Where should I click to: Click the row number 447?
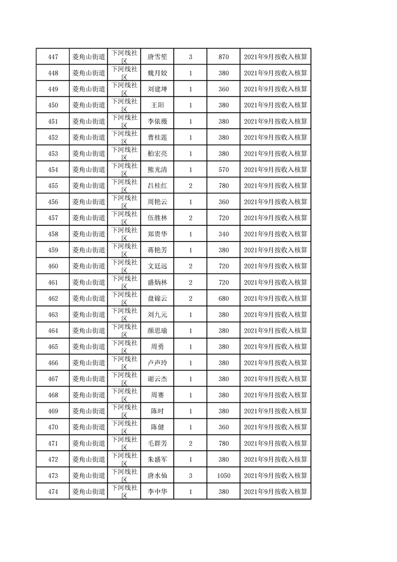click(53, 57)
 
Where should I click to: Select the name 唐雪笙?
click(157, 57)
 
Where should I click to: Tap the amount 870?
click(224, 57)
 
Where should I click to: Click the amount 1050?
click(224, 476)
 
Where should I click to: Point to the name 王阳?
click(157, 105)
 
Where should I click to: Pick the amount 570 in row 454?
click(224, 170)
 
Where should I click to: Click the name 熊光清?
click(157, 170)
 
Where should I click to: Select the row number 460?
click(53, 266)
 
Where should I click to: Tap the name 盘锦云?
click(157, 299)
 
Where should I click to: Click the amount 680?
click(224, 299)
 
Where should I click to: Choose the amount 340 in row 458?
click(224, 234)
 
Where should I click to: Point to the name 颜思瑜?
click(157, 331)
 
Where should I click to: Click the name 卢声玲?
click(157, 363)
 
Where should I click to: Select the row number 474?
click(53, 492)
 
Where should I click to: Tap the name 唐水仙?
click(157, 476)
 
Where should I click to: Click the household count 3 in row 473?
click(190, 476)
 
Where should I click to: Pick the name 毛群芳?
click(157, 443)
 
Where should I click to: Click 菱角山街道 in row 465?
click(89, 347)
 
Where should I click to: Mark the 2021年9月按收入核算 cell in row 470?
click(275, 427)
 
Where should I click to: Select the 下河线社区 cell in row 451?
click(124, 121)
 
